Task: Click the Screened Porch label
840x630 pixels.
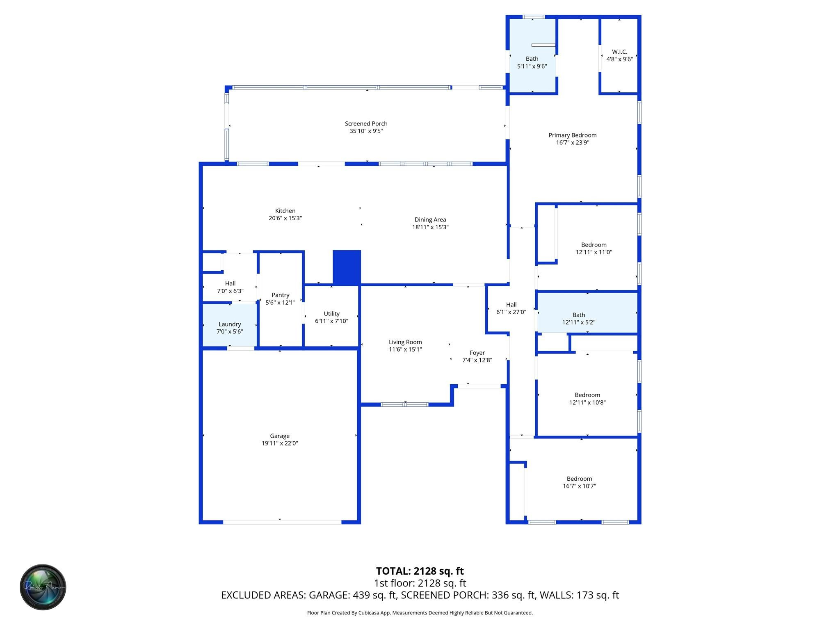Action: click(x=366, y=123)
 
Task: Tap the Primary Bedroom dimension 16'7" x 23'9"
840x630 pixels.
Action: click(x=573, y=143)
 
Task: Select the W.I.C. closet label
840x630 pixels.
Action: click(x=619, y=52)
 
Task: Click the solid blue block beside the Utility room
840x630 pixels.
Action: click(x=347, y=267)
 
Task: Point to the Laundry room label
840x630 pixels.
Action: click(x=230, y=324)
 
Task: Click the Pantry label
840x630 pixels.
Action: click(x=281, y=295)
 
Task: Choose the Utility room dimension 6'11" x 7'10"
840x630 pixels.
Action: click(x=331, y=321)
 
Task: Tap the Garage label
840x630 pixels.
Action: click(x=280, y=436)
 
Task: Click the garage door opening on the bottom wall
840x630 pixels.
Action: click(x=282, y=522)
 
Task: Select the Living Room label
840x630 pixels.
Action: click(x=405, y=342)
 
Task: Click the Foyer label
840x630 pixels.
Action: click(x=477, y=353)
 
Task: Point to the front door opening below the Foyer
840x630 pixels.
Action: click(x=479, y=386)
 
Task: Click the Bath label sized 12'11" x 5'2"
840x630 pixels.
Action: click(x=579, y=315)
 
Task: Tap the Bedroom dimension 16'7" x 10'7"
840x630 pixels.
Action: click(x=579, y=486)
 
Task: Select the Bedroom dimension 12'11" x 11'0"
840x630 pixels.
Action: click(x=593, y=252)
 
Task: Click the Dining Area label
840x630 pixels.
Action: click(x=430, y=220)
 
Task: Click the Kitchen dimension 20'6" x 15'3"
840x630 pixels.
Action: click(x=285, y=218)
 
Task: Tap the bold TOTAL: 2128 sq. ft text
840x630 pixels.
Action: click(x=420, y=571)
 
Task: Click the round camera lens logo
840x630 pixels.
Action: click(x=43, y=587)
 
